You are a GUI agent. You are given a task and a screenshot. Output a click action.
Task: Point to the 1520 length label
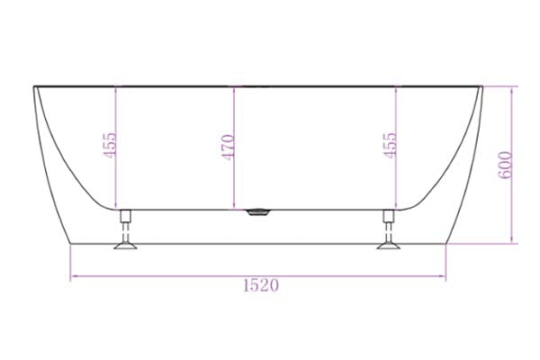tap(259, 285)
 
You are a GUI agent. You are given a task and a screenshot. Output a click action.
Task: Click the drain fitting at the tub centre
tap(257, 213)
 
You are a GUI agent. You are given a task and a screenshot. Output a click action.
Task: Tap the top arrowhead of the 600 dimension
tap(513, 89)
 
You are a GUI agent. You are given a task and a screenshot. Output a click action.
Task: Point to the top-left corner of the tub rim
tap(35, 86)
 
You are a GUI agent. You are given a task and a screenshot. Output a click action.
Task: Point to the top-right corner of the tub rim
tap(482, 86)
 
